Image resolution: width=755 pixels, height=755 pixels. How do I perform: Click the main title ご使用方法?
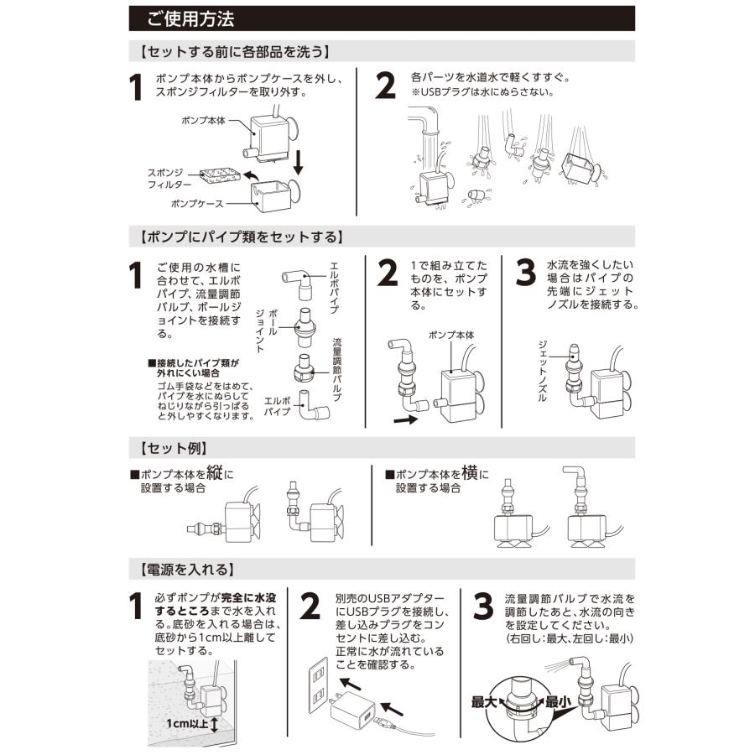(x=190, y=19)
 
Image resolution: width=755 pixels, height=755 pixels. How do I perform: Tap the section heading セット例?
(x=174, y=448)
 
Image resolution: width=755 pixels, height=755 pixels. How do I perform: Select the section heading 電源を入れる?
(x=187, y=570)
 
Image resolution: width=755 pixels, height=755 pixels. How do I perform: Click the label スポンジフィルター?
(x=169, y=179)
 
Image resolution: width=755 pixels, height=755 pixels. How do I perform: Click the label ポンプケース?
(x=197, y=204)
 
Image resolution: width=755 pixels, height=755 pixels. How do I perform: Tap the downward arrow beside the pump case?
(x=299, y=162)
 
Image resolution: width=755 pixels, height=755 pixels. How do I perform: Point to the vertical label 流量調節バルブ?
(x=337, y=370)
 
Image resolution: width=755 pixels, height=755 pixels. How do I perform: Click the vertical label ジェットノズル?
(x=542, y=371)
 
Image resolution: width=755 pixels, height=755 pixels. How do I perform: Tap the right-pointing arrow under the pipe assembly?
(x=405, y=420)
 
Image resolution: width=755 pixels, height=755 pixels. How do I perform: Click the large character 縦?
(x=215, y=472)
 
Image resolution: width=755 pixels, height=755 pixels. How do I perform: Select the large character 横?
(x=470, y=472)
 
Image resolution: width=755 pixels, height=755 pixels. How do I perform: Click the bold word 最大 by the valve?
(x=483, y=702)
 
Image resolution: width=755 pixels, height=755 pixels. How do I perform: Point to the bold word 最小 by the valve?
(x=558, y=702)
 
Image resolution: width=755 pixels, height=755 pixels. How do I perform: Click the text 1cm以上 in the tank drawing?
(x=187, y=723)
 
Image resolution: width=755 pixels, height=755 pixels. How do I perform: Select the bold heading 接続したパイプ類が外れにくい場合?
(x=193, y=368)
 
